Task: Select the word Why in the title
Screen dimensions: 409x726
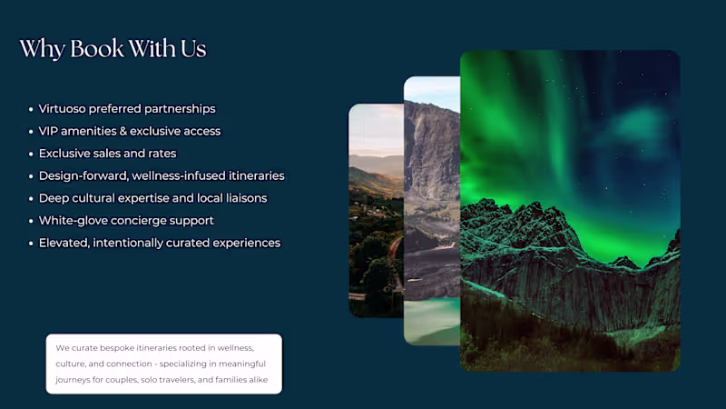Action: (x=41, y=48)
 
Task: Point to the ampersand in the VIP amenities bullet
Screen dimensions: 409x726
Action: (x=133, y=131)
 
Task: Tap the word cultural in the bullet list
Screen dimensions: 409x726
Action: (x=103, y=198)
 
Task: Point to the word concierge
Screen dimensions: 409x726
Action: (x=147, y=220)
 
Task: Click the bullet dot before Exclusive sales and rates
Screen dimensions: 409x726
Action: (x=32, y=154)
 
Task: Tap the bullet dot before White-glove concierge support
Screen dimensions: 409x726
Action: (x=32, y=221)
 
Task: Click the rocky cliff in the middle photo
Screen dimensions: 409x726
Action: (x=432, y=164)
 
